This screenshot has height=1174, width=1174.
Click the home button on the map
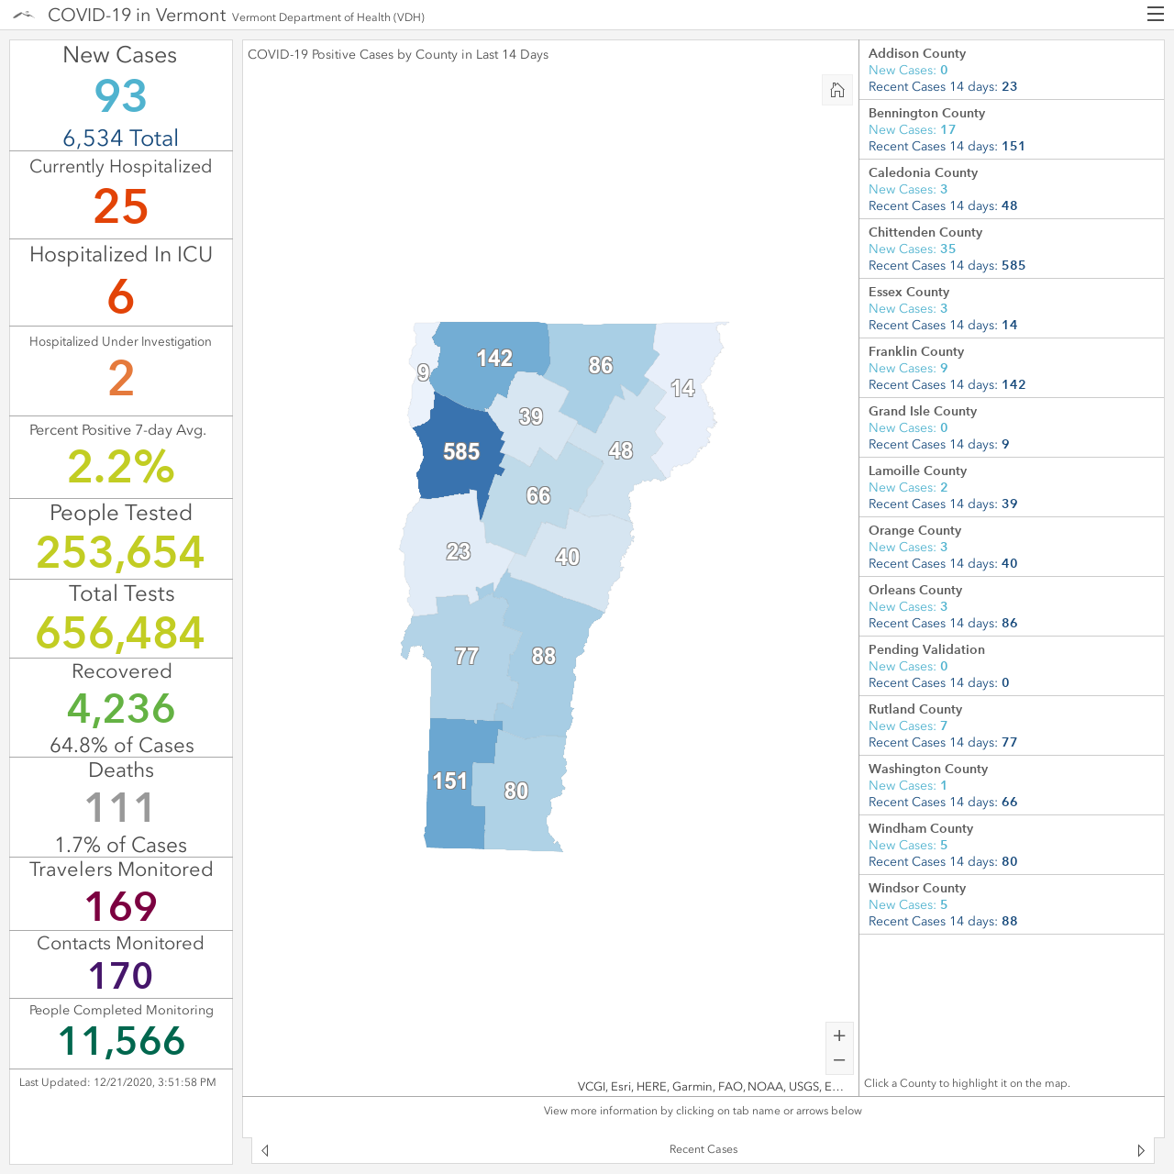point(837,90)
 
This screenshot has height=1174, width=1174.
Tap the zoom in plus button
point(839,1036)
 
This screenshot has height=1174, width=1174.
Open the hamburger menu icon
point(1155,14)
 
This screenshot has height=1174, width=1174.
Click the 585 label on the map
point(461,451)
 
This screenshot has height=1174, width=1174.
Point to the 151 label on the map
point(449,781)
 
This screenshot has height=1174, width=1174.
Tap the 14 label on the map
point(682,388)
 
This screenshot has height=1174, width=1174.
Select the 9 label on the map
point(423,372)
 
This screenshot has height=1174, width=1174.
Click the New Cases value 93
point(121,96)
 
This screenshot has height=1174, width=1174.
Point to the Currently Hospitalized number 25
point(121,206)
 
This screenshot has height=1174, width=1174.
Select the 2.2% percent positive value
point(121,467)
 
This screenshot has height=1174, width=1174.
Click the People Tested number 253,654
point(121,552)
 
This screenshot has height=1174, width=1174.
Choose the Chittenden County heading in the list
point(925,232)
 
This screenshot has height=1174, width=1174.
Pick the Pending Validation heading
point(926,649)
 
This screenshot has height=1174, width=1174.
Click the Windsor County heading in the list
point(917,888)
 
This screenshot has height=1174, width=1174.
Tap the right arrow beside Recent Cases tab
point(1140,1150)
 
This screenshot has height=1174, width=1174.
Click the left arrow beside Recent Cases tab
point(265,1150)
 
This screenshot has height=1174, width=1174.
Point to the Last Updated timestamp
point(117,1082)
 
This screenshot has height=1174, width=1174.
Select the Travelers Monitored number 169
point(121,906)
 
